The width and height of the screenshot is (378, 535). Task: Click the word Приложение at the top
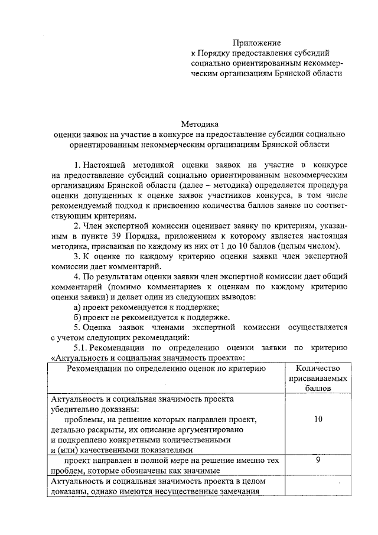[x=256, y=43]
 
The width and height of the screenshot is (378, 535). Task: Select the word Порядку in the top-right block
[x=217, y=53]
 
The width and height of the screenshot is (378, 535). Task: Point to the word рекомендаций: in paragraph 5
[x=159, y=337]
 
